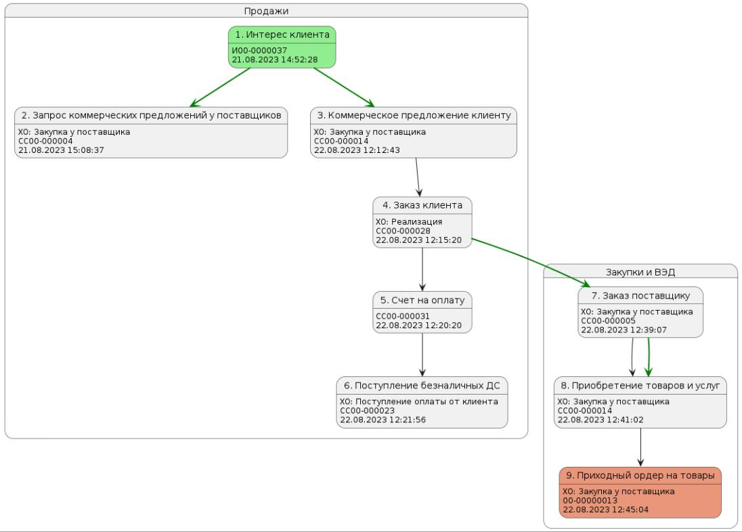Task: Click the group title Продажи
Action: point(266,11)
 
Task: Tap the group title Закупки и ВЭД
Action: point(640,272)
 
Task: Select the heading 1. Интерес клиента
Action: point(282,35)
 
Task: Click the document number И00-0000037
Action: point(259,51)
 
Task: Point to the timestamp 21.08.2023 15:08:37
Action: point(61,150)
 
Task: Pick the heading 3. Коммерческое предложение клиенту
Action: point(414,115)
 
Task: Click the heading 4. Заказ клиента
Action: point(422,205)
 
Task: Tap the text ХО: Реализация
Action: point(409,221)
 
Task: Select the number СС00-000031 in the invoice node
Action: point(403,316)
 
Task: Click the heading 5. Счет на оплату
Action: point(422,300)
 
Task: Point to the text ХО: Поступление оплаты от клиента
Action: point(419,401)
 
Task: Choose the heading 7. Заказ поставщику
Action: point(640,296)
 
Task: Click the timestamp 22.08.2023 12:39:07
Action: point(624,330)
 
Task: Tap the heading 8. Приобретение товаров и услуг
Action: point(640,385)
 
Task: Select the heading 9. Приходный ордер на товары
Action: point(640,475)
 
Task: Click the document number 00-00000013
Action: point(590,500)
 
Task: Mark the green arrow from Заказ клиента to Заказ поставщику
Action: point(531,263)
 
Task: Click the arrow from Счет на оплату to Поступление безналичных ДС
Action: point(422,355)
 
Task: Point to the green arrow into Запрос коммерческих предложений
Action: point(219,87)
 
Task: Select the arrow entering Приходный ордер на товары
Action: point(640,447)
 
